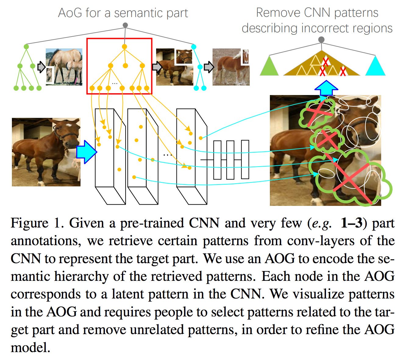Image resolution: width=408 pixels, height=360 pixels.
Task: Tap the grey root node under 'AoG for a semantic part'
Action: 125,25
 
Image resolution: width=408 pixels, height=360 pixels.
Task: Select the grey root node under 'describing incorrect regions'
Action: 321,40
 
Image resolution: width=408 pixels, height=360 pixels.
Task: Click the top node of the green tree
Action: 26,47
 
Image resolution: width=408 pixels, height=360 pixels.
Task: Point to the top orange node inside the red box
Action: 124,47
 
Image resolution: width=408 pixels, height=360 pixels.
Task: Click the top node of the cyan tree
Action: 193,47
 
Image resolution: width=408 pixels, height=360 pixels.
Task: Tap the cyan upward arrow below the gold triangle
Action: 326,88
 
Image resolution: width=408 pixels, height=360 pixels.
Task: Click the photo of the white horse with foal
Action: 64,67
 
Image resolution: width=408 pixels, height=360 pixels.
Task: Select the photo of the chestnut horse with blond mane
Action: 231,67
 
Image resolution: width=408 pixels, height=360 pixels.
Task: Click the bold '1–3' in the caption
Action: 352,223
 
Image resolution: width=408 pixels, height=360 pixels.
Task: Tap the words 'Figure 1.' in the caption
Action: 36,223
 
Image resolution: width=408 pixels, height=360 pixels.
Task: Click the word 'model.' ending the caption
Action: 30,347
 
